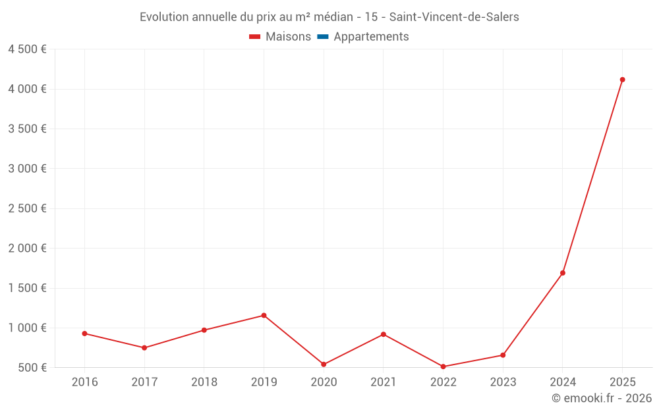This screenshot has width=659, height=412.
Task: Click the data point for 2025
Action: click(x=622, y=80)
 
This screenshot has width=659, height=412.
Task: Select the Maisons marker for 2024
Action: click(x=563, y=273)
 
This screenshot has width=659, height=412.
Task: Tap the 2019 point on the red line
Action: click(x=264, y=315)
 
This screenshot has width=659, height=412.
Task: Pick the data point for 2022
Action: click(x=443, y=367)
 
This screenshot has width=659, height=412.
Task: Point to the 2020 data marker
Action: click(x=324, y=364)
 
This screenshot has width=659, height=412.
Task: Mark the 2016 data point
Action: click(x=84, y=334)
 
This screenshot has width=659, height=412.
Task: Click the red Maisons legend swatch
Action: click(x=255, y=37)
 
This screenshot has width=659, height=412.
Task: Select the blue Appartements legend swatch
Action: click(x=323, y=37)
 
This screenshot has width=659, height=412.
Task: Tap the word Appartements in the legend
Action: click(x=371, y=37)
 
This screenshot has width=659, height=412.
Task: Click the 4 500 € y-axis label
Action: click(x=27, y=49)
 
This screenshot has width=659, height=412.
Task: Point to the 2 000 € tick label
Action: click(x=27, y=249)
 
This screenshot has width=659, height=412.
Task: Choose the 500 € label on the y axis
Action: click(x=32, y=367)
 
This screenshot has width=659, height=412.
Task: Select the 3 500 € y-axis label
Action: click(x=27, y=129)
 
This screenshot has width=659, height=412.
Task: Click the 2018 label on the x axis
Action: click(x=204, y=382)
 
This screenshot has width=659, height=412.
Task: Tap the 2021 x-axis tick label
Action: click(x=383, y=382)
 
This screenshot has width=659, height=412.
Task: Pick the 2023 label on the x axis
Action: click(x=503, y=382)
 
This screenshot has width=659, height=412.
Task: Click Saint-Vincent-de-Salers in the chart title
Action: click(x=454, y=17)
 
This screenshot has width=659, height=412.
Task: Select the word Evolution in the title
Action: click(x=165, y=17)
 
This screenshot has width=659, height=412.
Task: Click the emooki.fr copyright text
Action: click(x=602, y=398)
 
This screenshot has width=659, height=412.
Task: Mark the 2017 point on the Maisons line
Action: click(x=144, y=347)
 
